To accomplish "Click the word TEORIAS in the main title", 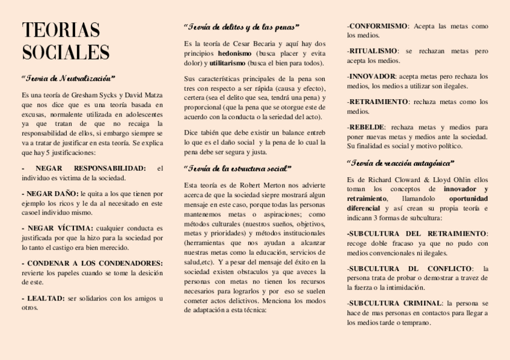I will click(61, 30).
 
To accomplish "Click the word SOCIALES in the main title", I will click(66, 52).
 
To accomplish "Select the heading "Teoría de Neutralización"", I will click(68, 79).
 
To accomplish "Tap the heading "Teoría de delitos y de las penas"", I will click(241, 27).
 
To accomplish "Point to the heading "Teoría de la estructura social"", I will click(237, 168).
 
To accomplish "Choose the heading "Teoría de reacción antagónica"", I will click(401, 163).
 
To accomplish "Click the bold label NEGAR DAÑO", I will click(51, 194).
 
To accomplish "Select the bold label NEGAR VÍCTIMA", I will click(57, 228).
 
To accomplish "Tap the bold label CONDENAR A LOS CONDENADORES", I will click(93, 263).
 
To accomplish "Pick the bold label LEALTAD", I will click(45, 298).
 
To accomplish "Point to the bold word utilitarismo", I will click(227, 63).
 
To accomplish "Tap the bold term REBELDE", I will click(366, 127).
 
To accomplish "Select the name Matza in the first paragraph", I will click(152, 95).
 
